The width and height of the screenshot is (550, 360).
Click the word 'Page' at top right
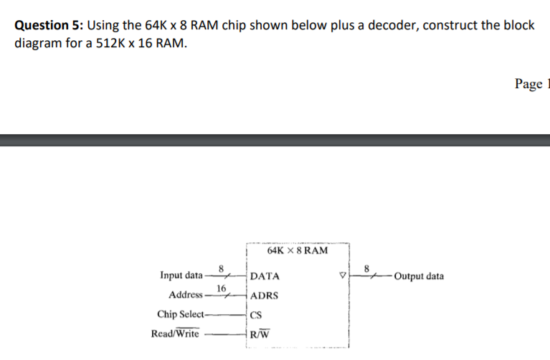[528, 84]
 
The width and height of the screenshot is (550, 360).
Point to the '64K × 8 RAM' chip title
[297, 251]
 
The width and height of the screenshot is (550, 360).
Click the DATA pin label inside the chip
[265, 276]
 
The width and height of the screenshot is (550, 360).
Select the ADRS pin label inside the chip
[265, 295]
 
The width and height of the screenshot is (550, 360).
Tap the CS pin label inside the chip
[257, 314]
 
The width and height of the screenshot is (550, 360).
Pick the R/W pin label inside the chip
[260, 333]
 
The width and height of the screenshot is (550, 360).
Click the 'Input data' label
[181, 276]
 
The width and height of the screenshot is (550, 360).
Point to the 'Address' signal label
[186, 295]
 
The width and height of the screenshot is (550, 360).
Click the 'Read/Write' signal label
[175, 333]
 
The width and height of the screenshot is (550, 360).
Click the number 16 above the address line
[222, 288]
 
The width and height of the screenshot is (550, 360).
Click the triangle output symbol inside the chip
[342, 276]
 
